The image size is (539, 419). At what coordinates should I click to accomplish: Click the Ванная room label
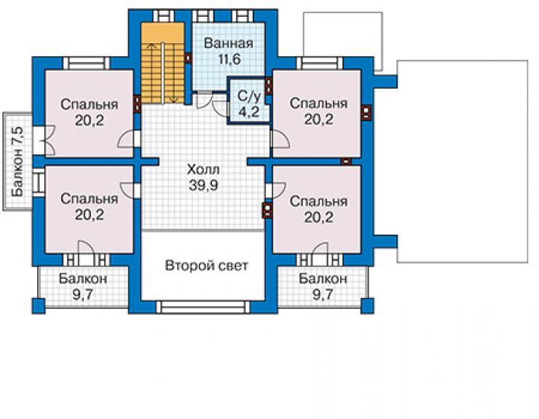point(228,44)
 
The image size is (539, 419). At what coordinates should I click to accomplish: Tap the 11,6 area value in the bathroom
point(229,60)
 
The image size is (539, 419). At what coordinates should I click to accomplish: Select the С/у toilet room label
point(249,98)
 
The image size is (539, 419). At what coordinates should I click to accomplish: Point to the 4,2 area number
point(249,111)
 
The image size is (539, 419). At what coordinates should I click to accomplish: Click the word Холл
point(203,169)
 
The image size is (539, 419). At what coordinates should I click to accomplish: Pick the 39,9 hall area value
point(203,185)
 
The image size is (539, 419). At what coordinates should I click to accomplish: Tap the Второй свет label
point(206,265)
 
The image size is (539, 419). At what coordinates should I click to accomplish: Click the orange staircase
point(163,63)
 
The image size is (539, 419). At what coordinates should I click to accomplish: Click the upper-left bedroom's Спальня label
point(89,105)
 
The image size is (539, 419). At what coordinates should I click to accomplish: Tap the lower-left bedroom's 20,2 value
point(89,215)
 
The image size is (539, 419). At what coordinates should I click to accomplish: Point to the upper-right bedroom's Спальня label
point(318,103)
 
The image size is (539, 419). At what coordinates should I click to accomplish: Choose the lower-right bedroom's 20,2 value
point(318,217)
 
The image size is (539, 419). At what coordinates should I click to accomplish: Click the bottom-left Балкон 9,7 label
point(83,286)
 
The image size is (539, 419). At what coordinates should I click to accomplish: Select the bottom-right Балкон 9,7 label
point(323,286)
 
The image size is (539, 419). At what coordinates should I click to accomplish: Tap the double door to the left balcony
point(47,141)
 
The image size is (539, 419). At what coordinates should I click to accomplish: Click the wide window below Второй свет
point(203,307)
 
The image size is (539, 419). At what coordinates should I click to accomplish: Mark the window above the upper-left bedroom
point(86,63)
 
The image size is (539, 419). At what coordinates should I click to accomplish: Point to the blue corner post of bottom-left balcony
point(39,306)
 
